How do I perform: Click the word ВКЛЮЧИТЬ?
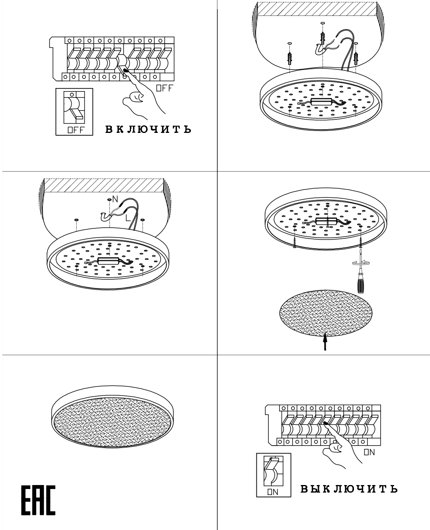[148, 129]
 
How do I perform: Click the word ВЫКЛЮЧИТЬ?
[349, 489]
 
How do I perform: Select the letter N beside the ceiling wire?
[115, 199]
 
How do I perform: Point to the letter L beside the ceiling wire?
[128, 218]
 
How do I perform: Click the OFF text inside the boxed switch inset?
[76, 130]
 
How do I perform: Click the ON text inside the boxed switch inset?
[273, 492]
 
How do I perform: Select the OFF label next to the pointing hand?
[164, 88]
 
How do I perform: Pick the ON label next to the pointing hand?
[369, 452]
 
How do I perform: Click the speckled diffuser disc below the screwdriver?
[326, 313]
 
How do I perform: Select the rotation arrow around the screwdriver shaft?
[361, 262]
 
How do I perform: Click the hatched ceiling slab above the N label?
[104, 185]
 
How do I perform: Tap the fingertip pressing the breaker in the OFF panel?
[126, 71]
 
